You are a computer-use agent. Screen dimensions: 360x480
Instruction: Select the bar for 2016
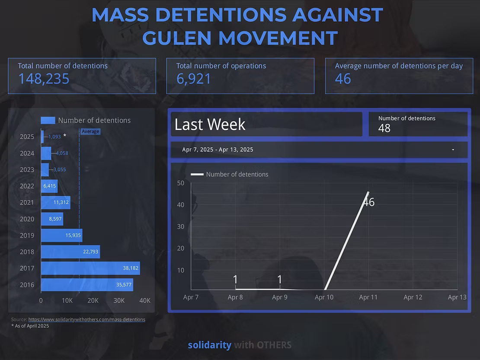click(x=86, y=284)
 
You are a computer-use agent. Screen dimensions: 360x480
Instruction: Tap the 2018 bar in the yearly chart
click(x=70, y=252)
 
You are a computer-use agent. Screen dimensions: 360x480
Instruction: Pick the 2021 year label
click(x=27, y=202)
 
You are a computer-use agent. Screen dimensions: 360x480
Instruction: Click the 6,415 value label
click(x=49, y=186)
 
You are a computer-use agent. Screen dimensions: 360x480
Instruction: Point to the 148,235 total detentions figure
click(x=44, y=79)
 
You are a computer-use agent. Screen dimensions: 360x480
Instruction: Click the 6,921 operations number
click(x=194, y=79)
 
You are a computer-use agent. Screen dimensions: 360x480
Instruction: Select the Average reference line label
click(x=90, y=131)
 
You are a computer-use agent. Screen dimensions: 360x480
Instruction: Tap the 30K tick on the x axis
click(x=119, y=300)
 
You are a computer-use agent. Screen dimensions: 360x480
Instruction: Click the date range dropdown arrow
click(x=453, y=150)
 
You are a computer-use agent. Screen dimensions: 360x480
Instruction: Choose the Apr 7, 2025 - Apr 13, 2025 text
click(x=218, y=150)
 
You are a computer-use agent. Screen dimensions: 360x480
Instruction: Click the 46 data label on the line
click(x=369, y=202)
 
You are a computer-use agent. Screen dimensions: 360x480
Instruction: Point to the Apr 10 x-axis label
click(x=324, y=297)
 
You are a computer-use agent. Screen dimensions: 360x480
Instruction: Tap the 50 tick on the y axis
click(x=181, y=183)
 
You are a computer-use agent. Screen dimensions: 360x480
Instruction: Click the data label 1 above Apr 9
click(x=279, y=280)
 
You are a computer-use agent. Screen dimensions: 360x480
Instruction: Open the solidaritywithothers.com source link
click(x=86, y=319)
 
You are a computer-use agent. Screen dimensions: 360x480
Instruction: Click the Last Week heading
click(x=210, y=124)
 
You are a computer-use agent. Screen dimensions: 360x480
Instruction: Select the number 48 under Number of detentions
click(x=384, y=128)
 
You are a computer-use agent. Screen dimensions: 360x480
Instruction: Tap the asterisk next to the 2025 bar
click(x=65, y=136)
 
